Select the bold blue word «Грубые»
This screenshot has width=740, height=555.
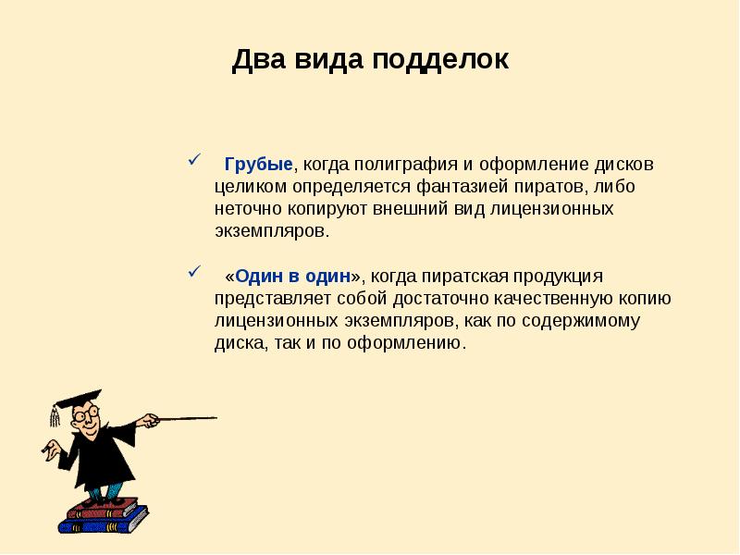coord(258,164)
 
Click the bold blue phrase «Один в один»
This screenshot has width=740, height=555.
coord(297,277)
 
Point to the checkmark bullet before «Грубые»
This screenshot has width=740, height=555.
coord(194,161)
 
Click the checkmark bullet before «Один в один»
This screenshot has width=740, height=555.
coord(194,273)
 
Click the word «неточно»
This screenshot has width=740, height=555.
coord(246,208)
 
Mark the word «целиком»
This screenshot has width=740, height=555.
coord(245,186)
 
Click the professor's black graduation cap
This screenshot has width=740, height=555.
coord(78,399)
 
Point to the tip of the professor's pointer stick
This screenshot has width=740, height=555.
coord(215,418)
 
